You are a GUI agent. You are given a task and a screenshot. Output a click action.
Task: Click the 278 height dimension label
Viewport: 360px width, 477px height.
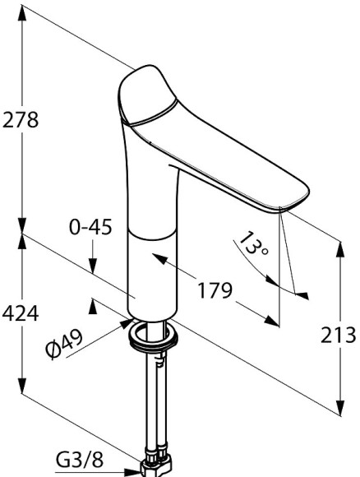(21, 120)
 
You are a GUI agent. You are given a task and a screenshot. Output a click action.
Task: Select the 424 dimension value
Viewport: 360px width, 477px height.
(21, 313)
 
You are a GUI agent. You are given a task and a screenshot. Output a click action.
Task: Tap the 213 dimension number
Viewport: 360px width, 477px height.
(338, 336)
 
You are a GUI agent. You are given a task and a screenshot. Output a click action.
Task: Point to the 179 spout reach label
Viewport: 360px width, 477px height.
(215, 290)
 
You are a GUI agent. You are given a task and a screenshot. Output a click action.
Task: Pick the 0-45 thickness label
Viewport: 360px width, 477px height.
(90, 227)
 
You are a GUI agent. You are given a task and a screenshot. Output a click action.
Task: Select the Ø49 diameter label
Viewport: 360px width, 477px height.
(64, 343)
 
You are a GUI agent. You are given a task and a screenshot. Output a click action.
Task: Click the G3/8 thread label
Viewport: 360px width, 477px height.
(80, 461)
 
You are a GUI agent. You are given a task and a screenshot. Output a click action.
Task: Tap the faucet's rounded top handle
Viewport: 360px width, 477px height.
(146, 95)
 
